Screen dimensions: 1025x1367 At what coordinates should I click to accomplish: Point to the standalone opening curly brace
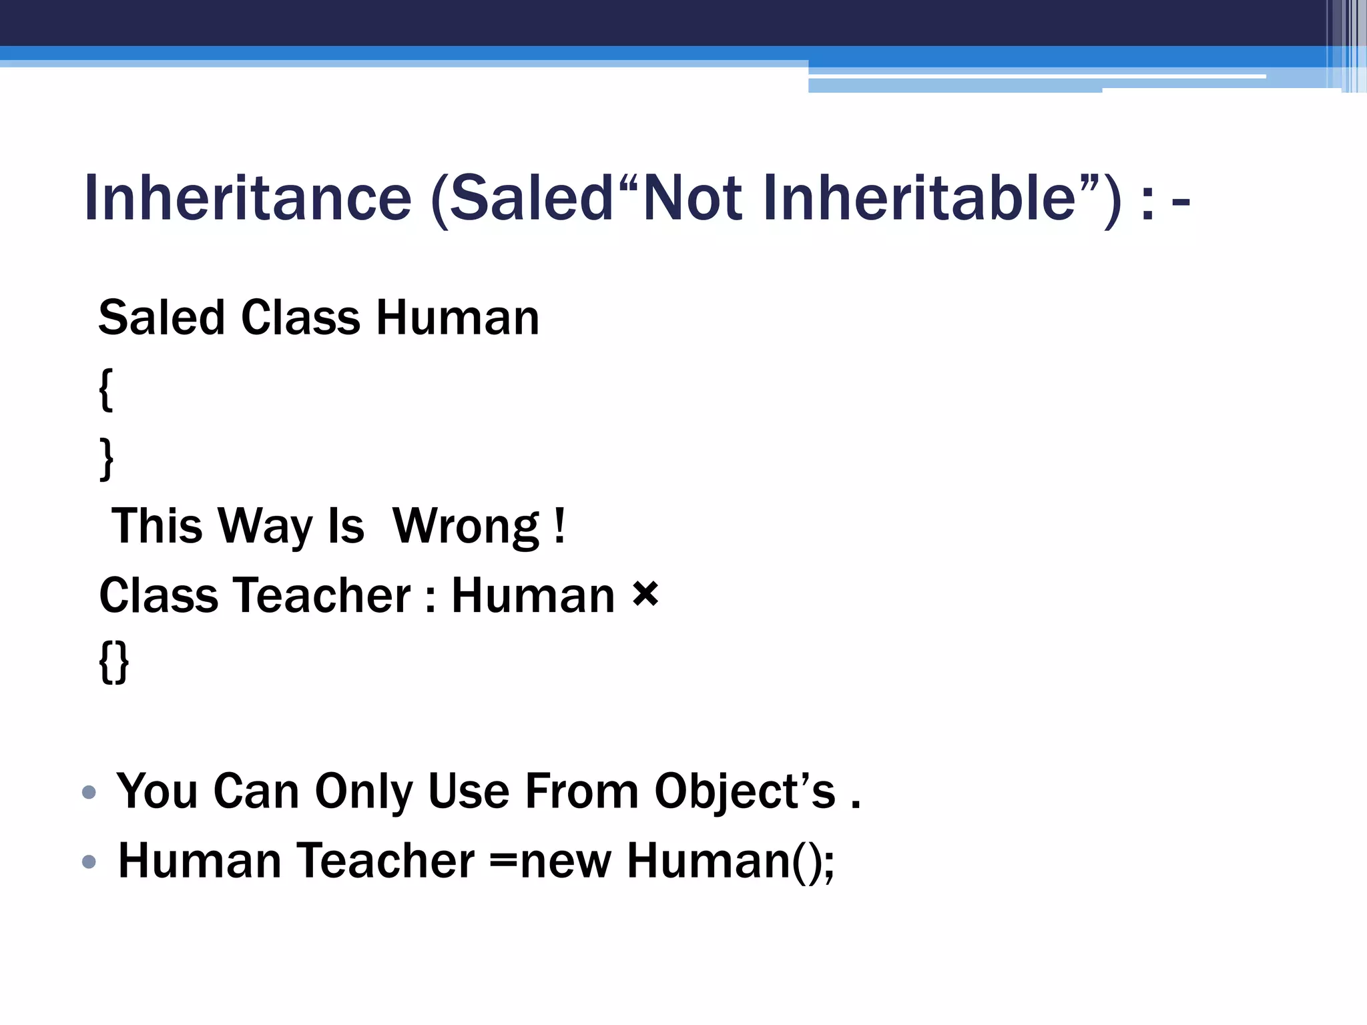click(106, 390)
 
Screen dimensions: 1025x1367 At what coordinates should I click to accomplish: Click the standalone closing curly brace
click(106, 458)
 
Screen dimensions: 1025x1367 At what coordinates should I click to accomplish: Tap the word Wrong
click(465, 527)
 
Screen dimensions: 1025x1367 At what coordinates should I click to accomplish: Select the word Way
click(266, 527)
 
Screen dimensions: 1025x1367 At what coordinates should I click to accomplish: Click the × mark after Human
click(645, 593)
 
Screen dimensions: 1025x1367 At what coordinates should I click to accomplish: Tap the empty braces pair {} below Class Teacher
click(114, 662)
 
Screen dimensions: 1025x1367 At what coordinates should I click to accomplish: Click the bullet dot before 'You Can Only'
click(89, 792)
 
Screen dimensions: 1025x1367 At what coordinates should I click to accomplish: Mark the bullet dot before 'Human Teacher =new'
click(89, 862)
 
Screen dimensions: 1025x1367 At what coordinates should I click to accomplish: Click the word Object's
click(745, 792)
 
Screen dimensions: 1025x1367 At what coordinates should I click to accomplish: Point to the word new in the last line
click(565, 861)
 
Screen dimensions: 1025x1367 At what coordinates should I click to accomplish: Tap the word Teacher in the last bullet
click(386, 861)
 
